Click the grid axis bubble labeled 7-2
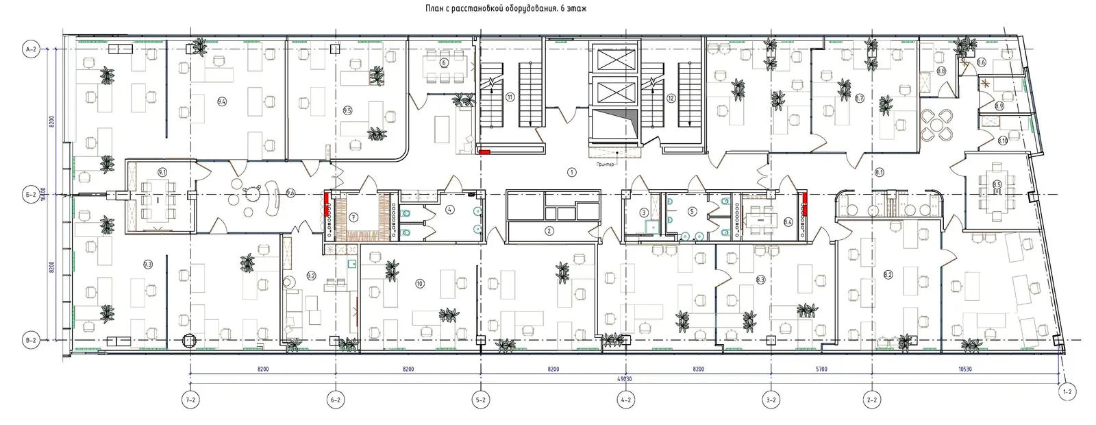coord(190,400)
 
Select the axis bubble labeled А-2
coord(32,50)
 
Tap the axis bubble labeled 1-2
coord(1067,391)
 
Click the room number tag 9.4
coord(221,102)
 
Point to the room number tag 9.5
coord(347,110)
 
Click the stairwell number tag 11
coord(510,97)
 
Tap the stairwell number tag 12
coord(671,97)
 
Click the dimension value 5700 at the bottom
coord(821,369)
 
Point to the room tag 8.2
coord(888,275)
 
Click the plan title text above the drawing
coord(506,8)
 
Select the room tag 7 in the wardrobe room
coord(353,217)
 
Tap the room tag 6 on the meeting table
coord(443,63)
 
